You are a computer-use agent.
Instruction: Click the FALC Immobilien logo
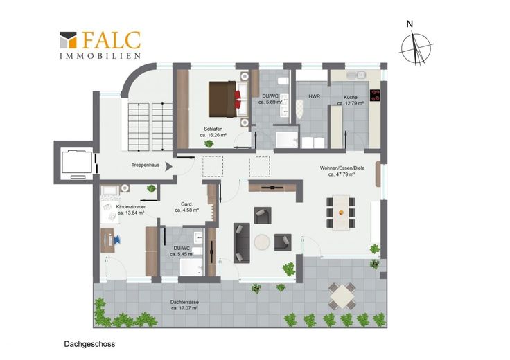point(100,45)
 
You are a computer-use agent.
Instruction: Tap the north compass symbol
point(416,48)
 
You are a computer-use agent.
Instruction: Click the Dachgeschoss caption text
point(89,344)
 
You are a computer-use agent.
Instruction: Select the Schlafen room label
point(213,129)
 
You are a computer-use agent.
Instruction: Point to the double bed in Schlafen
point(229,99)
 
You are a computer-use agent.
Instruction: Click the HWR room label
point(314,96)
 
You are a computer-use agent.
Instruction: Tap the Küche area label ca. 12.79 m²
point(351,103)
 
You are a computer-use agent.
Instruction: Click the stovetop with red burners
point(375,95)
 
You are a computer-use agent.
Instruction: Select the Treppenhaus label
point(146,165)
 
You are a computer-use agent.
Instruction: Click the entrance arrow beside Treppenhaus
point(168,166)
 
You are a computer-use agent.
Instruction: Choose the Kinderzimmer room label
point(131,206)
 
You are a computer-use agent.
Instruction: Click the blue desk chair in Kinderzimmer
point(116,240)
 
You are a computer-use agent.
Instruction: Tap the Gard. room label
point(186,204)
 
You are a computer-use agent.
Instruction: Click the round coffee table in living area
point(262,242)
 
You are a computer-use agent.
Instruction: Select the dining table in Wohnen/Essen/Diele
point(341,213)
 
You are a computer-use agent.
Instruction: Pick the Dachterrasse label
point(184,302)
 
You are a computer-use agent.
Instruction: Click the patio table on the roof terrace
point(342,296)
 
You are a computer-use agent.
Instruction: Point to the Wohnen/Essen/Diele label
point(342,168)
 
